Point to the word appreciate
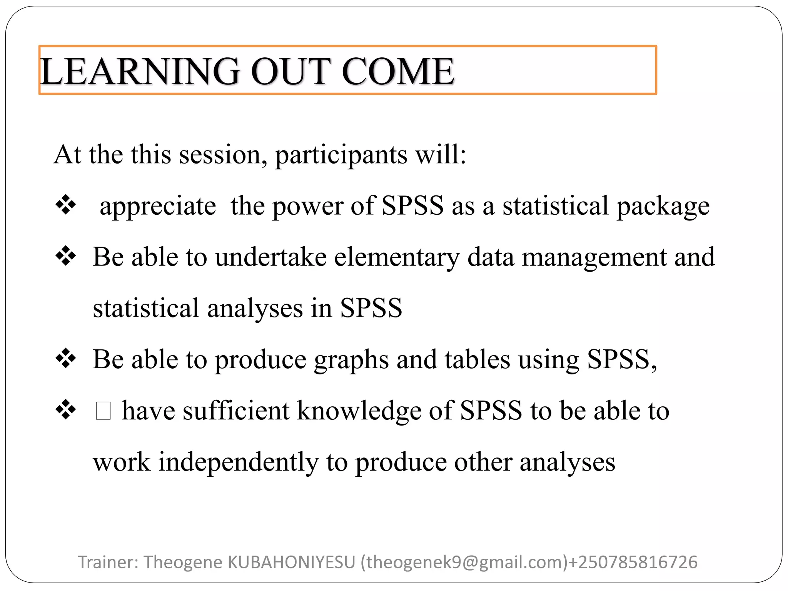click(x=158, y=207)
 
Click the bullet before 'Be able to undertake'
click(x=66, y=256)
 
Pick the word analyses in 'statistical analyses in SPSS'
click(x=255, y=309)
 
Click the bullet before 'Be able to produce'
click(x=66, y=359)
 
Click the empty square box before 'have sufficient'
click(x=104, y=411)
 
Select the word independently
click(x=239, y=462)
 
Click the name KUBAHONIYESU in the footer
click(x=292, y=562)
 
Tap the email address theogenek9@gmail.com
click(x=464, y=562)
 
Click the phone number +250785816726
click(x=633, y=562)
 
